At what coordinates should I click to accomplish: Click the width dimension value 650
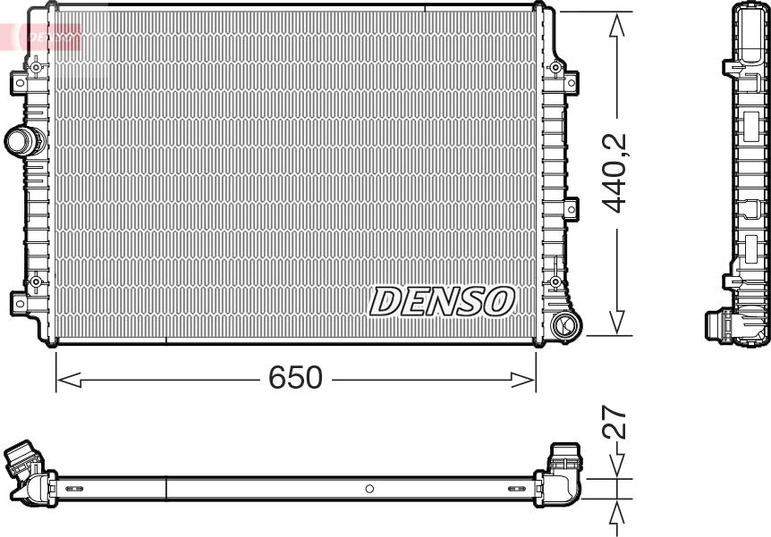tap(295, 378)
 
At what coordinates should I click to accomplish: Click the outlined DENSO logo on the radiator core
tap(442, 301)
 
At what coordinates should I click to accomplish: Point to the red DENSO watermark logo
tap(49, 36)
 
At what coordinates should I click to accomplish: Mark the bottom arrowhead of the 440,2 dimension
tap(616, 323)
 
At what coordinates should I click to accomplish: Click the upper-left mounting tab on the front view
tap(19, 83)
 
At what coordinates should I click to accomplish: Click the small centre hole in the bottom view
tap(369, 488)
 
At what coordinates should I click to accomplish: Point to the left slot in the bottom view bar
tap(73, 489)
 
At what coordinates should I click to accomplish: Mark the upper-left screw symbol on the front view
tap(36, 68)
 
